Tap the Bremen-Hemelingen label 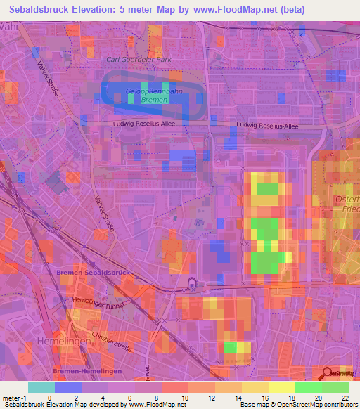coord(87,370)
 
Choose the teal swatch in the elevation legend coord(41,387)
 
